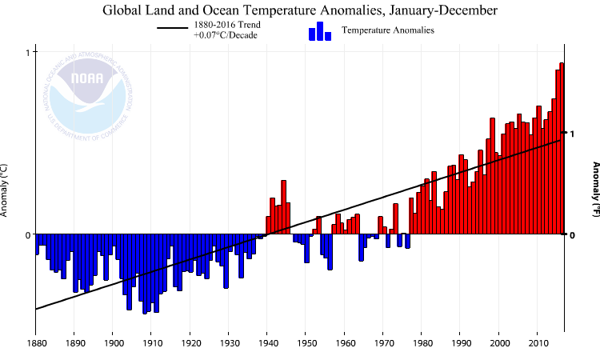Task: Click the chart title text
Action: [x=300, y=10]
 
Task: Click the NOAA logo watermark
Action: [x=86, y=94]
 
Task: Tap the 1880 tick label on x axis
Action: [x=35, y=343]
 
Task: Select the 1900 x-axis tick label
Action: [x=112, y=343]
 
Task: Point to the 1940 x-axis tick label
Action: [x=267, y=343]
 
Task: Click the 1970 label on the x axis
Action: [x=383, y=343]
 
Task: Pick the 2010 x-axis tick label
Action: [x=538, y=343]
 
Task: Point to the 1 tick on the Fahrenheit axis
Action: [x=572, y=134]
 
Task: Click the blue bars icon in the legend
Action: [x=320, y=31]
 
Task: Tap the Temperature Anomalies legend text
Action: [x=387, y=30]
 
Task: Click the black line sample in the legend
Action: [x=172, y=29]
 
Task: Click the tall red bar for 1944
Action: [x=283, y=207]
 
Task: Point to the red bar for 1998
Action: [x=492, y=176]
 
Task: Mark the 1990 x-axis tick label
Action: [x=461, y=343]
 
